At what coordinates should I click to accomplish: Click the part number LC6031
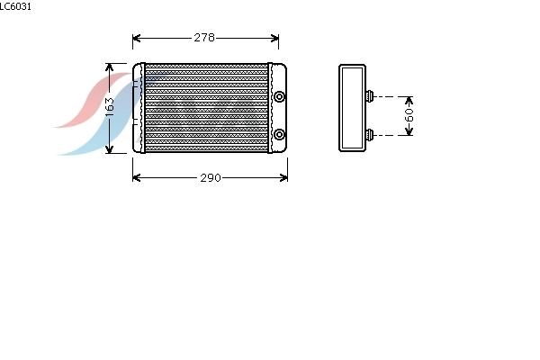15,6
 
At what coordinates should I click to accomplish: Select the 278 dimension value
204,38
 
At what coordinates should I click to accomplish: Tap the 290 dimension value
211,178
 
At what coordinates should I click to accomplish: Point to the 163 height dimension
109,107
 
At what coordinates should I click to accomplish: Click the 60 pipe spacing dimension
409,115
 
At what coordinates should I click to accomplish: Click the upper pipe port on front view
279,96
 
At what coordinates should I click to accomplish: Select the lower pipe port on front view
279,134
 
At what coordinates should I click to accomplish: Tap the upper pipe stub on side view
370,96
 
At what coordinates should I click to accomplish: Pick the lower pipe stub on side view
370,135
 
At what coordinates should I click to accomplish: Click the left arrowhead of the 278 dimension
136,38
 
